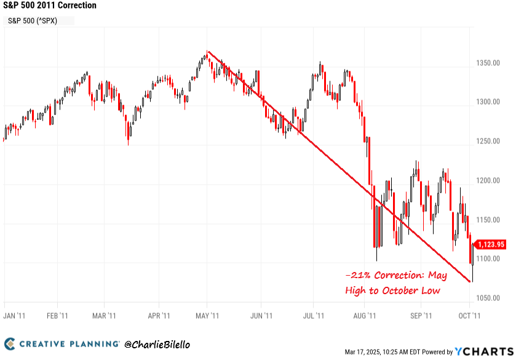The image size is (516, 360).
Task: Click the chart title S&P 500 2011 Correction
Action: (x=49, y=6)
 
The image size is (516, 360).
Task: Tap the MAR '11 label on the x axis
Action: (x=104, y=316)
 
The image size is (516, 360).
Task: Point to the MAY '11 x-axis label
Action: (x=207, y=316)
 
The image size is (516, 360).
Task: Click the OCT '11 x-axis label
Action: (x=470, y=316)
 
